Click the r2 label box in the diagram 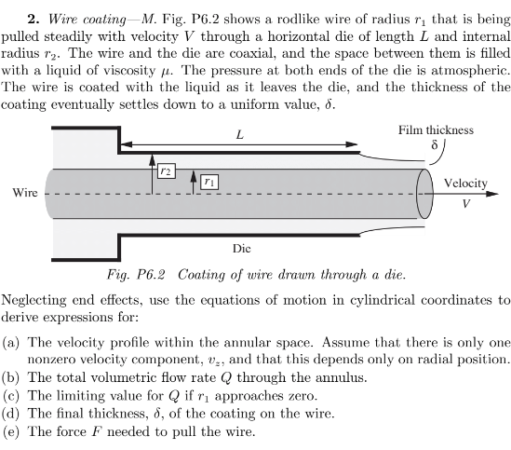[166, 172]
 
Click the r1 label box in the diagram [209, 182]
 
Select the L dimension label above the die [240, 134]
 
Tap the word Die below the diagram [241, 249]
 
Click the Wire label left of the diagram [25, 194]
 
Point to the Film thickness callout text [436, 130]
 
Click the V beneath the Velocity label [466, 201]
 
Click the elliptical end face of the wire [427, 194]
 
